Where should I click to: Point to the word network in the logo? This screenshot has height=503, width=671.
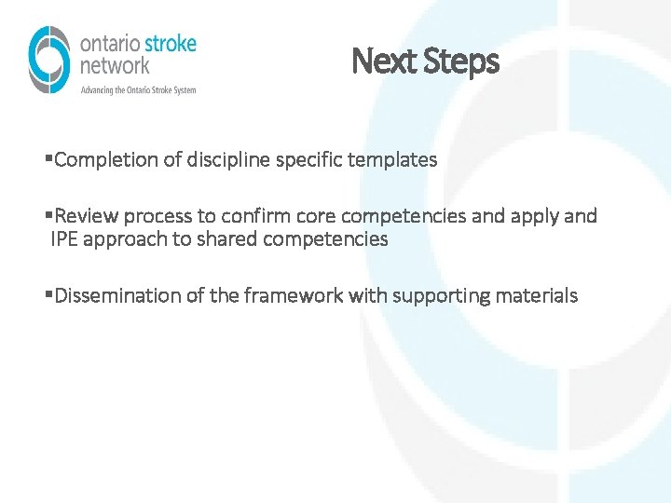coord(115,66)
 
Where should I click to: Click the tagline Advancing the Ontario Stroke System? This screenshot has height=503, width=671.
coord(139,90)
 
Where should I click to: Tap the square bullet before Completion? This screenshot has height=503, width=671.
coord(48,159)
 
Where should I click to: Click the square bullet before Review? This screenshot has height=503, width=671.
coord(48,216)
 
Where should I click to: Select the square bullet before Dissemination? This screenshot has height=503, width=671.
coord(48,295)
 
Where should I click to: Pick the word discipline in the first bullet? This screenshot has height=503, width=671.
coord(226,160)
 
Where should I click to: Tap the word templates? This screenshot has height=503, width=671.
coord(391,160)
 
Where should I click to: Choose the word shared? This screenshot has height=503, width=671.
coord(232,239)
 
